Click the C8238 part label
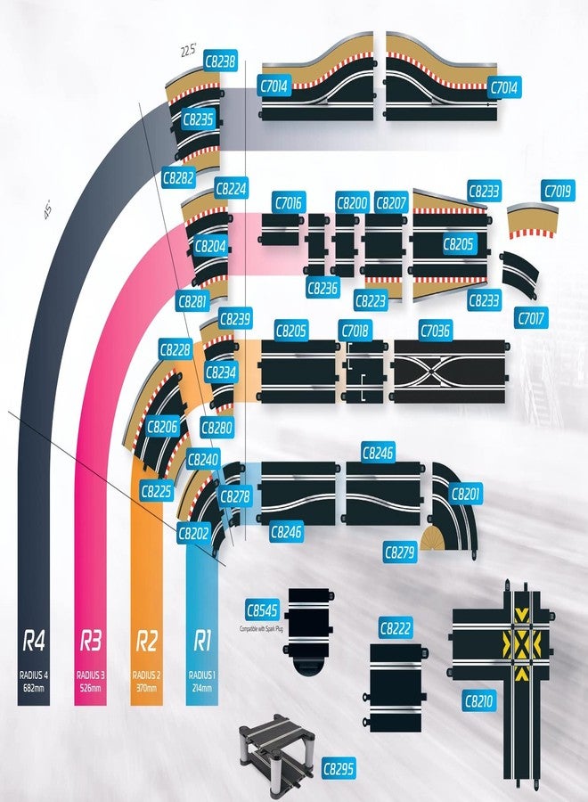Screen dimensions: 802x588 coord(220,62)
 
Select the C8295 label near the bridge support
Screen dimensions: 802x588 coord(339,768)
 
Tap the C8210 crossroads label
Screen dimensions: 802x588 coord(479,701)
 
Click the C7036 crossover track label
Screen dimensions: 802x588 coord(434,331)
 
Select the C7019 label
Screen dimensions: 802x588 coord(559,190)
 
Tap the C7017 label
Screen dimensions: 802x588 coord(532,316)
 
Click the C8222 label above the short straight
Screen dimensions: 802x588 coord(396,628)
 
